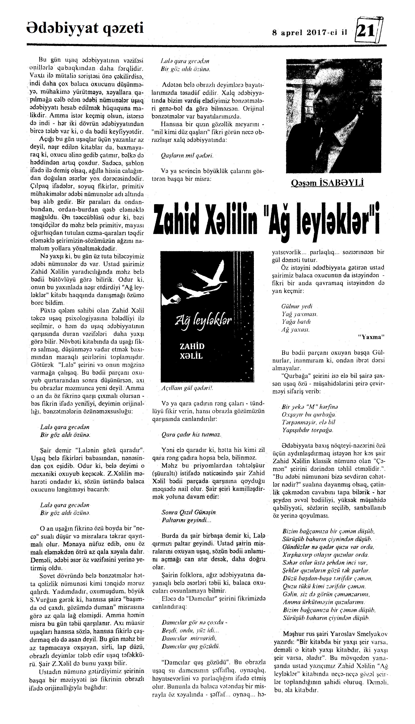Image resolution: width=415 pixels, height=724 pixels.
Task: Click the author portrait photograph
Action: (x=334, y=116)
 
